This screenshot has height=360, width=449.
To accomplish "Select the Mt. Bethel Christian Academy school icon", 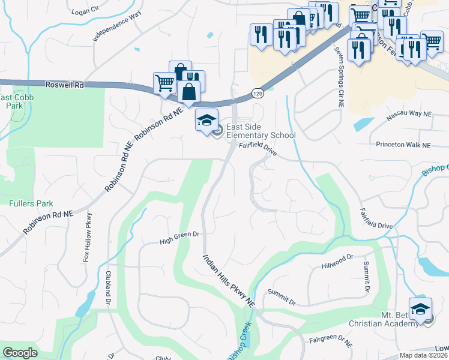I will [421, 309].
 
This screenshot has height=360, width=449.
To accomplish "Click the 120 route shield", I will [257, 93].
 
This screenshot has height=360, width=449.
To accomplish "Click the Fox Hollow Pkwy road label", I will [88, 238].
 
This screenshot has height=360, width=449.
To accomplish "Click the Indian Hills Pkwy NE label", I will [229, 281].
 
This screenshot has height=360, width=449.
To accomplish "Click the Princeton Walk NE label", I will [403, 145].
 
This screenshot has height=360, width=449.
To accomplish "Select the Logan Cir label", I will [85, 11].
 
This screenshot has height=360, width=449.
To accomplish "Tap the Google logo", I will [20, 353].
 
